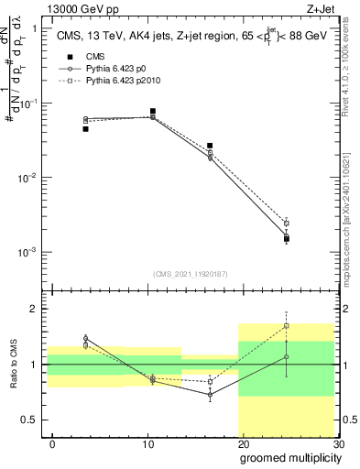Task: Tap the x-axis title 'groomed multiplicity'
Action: click(289, 456)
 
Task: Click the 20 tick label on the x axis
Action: click(243, 444)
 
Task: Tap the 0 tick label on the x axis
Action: click(52, 444)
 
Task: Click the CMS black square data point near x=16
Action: click(210, 146)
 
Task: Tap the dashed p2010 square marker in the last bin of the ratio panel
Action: click(287, 325)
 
